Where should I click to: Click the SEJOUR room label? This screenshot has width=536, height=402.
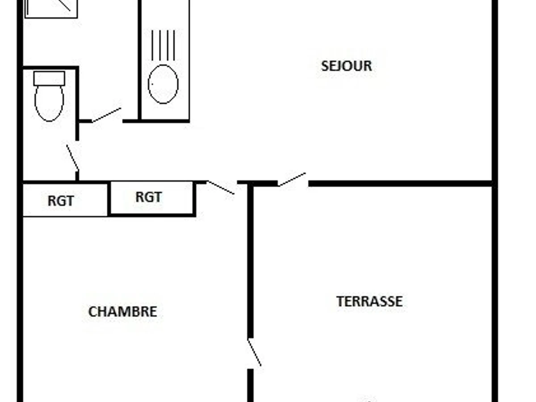coord(346,66)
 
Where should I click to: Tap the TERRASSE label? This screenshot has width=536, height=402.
coord(369,301)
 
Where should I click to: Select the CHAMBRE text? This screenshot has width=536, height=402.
coord(122,312)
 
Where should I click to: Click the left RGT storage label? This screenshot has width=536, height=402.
coord(61,201)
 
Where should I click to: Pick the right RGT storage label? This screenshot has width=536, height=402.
coord(148,197)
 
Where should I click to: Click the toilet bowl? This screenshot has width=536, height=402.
coord(49,103)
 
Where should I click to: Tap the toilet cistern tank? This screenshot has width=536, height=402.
coord(49,78)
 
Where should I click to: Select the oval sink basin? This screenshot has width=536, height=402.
coord(163,84)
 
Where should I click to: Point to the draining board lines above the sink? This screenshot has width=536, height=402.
coord(163,45)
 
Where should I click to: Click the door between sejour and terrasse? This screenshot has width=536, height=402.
coord(292,180)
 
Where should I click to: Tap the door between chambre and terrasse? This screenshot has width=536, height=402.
coord(255,352)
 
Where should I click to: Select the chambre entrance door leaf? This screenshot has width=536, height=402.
coord(221,188)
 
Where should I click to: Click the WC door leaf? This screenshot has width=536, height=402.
coord(73,158)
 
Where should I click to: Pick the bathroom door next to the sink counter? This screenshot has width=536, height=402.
coord(106,115)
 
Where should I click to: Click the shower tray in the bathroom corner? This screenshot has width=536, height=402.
coord(51,9)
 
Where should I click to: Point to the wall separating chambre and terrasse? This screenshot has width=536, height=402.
coord(250,261)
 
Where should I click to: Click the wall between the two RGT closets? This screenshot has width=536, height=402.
coord(109,198)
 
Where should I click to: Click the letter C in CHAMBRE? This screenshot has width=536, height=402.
coord(92,312)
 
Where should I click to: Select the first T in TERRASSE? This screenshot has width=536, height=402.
coord(340,301)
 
